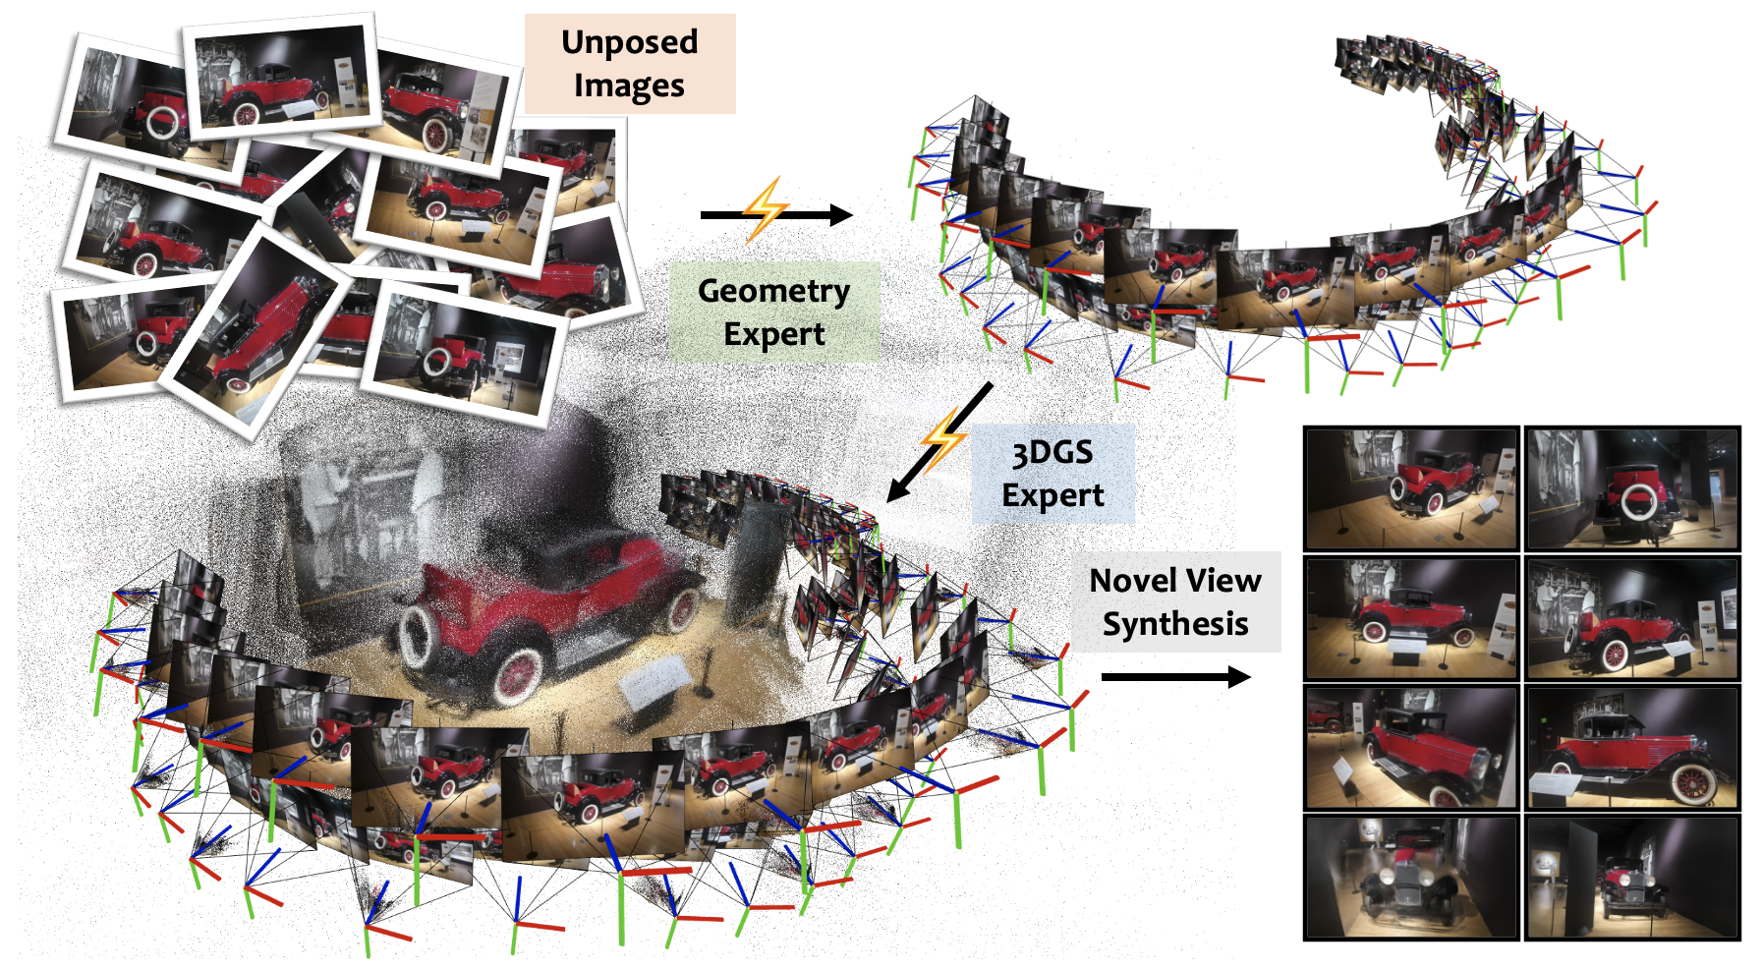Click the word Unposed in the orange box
(x=629, y=42)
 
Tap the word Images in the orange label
(x=629, y=86)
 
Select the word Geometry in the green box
(x=773, y=291)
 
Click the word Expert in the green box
(x=773, y=335)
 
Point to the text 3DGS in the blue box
(x=1052, y=453)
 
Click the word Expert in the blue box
(x=1052, y=496)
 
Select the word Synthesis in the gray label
(x=1175, y=624)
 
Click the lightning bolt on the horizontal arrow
(x=766, y=207)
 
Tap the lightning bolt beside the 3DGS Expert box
(x=943, y=439)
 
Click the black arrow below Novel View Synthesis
(x=1175, y=676)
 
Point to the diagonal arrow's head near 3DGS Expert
(x=896, y=490)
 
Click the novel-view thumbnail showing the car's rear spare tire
(x=1631, y=488)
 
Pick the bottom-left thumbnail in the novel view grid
(x=1411, y=877)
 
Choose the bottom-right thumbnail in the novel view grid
(x=1631, y=877)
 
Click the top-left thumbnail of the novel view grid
(x=1411, y=488)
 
